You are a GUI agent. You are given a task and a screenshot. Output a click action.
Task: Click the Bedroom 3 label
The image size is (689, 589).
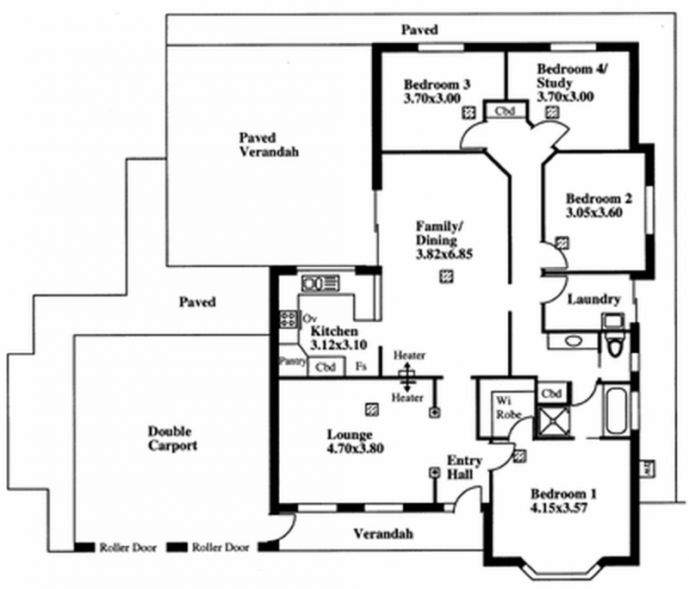[438, 84]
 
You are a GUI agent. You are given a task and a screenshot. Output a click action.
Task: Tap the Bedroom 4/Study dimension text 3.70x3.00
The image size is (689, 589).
[565, 97]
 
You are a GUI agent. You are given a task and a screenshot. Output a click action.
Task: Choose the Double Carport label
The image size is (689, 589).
[172, 438]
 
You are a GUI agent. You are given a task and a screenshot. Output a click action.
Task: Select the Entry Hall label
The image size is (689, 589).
[464, 467]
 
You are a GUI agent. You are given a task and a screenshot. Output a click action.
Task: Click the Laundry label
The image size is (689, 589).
[594, 300]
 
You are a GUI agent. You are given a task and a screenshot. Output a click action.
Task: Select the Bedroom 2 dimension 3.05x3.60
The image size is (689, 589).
[594, 211]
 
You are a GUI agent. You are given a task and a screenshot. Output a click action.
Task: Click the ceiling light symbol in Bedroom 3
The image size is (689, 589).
[469, 112]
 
